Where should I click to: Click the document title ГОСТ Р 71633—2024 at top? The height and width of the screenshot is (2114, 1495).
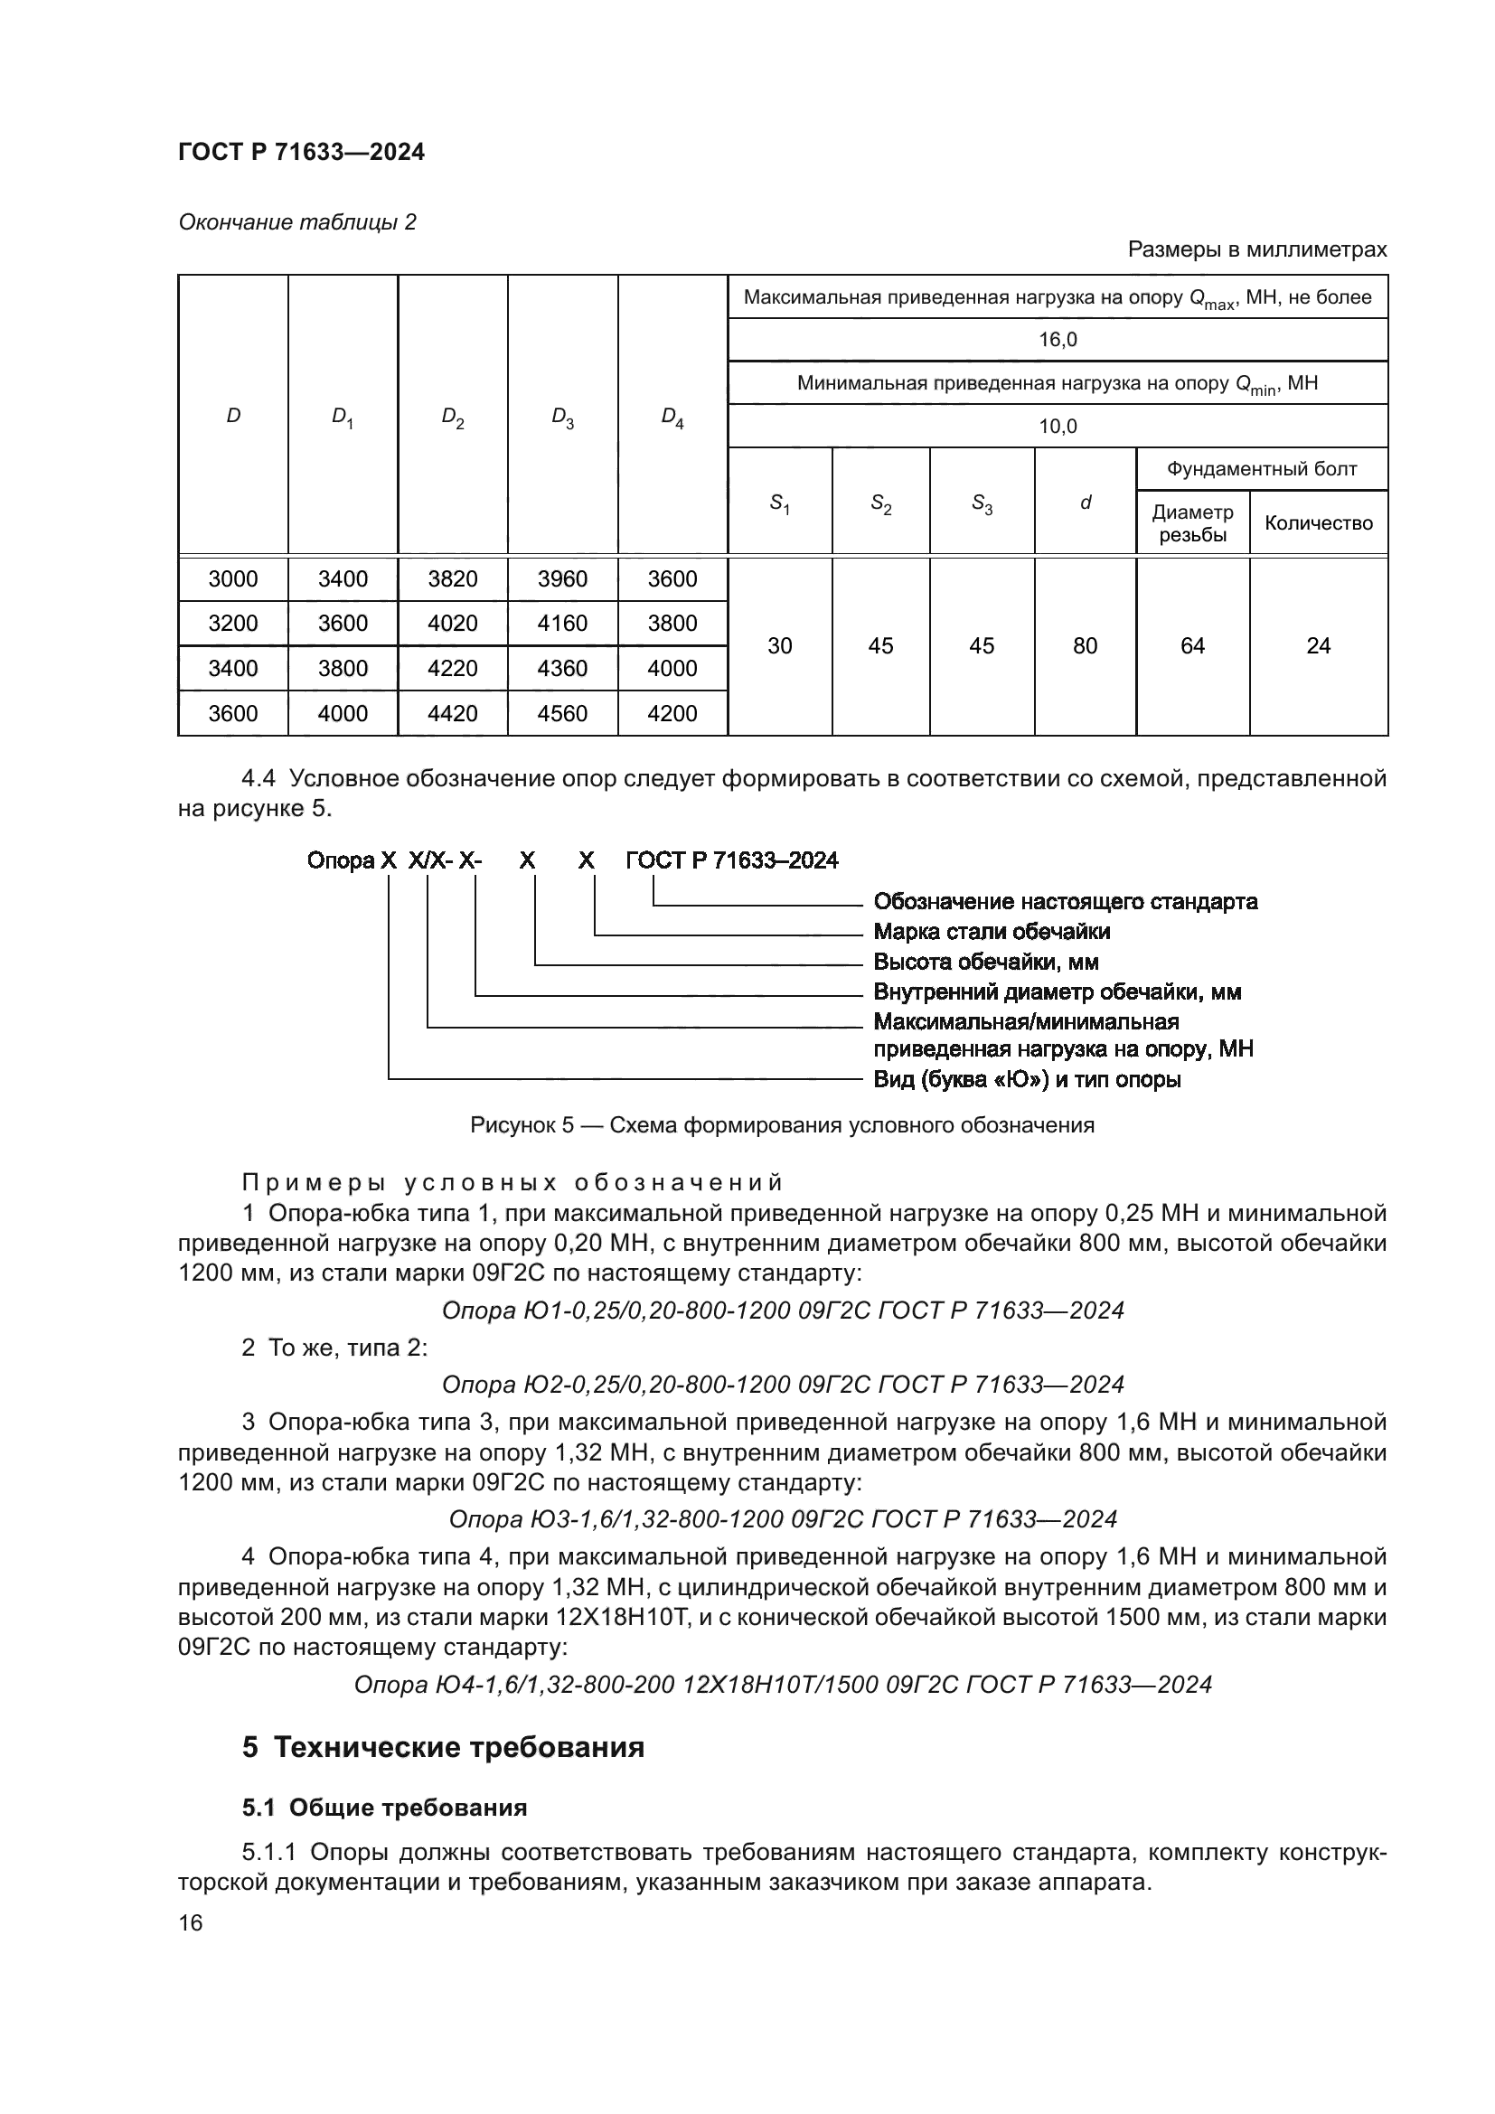(x=301, y=153)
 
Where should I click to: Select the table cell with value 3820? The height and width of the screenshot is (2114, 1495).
(x=452, y=579)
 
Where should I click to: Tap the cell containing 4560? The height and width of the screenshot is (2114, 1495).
(x=561, y=714)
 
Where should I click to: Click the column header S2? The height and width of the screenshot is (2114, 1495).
(x=880, y=503)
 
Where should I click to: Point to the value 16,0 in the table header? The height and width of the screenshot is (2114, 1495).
(x=1057, y=340)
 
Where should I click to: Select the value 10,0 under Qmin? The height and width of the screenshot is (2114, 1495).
(x=1057, y=427)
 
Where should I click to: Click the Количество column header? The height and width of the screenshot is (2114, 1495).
(x=1317, y=523)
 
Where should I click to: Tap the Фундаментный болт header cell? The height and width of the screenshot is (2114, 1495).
(x=1261, y=470)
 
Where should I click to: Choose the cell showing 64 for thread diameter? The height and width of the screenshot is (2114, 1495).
(x=1192, y=646)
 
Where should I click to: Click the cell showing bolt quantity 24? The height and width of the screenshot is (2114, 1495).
(x=1317, y=646)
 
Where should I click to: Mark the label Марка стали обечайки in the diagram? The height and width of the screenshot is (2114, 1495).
(x=991, y=932)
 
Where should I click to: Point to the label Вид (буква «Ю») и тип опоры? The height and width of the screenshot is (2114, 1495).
(x=1027, y=1079)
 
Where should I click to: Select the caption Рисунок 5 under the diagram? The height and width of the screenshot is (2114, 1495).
(x=782, y=1125)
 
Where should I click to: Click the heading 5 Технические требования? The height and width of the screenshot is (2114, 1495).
(x=443, y=1747)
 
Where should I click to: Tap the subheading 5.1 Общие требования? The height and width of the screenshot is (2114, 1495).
(x=384, y=1808)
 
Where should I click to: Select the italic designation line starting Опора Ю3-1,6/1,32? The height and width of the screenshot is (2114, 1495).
(x=783, y=1519)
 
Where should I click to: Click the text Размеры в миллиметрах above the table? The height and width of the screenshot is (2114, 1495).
(x=1256, y=249)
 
